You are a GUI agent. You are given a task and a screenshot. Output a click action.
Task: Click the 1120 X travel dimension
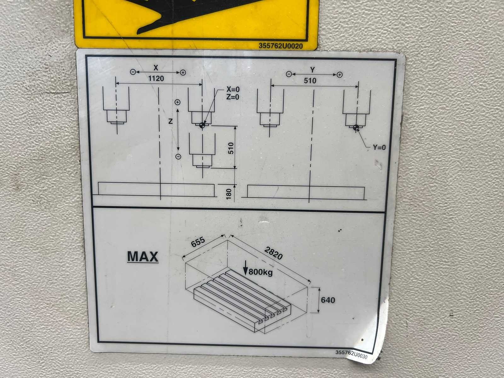click(x=156, y=79)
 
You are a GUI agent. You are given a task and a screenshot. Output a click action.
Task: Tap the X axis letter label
click(x=156, y=68)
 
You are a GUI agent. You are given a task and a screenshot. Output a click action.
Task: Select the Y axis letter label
click(x=312, y=70)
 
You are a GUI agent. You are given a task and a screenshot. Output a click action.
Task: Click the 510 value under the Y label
click(x=310, y=81)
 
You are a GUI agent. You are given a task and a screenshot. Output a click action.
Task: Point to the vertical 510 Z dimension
click(x=231, y=148)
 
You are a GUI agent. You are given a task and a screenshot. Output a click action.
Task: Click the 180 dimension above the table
click(x=229, y=194)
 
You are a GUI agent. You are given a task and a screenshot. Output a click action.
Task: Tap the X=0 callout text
click(x=233, y=89)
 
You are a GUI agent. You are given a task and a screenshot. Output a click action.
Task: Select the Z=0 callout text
click(x=233, y=97)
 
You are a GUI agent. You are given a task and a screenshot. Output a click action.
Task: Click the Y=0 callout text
click(x=379, y=147)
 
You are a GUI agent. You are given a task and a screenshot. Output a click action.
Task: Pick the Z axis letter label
click(x=170, y=121)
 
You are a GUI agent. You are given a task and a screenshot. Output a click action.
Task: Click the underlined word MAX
click(x=143, y=257)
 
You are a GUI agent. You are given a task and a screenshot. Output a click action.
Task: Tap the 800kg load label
click(x=261, y=272)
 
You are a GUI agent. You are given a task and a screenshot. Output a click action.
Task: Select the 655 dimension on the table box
click(x=198, y=242)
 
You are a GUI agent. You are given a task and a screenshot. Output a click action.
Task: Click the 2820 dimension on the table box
click(x=273, y=253)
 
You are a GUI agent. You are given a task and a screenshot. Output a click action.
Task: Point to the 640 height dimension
click(x=328, y=300)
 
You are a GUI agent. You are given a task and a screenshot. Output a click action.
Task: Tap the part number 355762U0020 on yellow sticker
click(x=281, y=46)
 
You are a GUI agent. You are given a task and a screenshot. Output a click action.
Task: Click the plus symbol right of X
click(x=183, y=73)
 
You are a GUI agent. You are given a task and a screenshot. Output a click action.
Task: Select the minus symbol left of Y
click(x=289, y=74)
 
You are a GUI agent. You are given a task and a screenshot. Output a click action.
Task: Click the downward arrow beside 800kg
click(x=245, y=268)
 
